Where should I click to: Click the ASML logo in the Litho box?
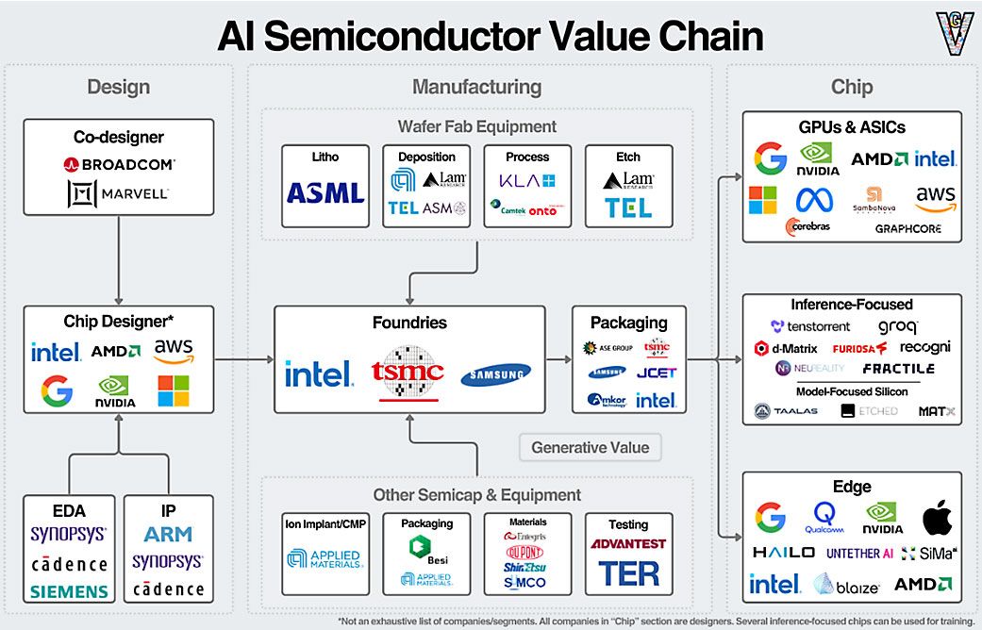[325, 193]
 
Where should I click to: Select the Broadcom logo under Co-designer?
[119, 163]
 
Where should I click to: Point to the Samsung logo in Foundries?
[496, 374]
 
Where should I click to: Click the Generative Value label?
[590, 447]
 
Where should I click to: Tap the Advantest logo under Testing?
[628, 544]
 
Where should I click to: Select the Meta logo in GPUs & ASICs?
[817, 199]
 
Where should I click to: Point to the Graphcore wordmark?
[909, 228]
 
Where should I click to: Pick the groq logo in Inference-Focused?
[897, 327]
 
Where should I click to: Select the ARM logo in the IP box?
[168, 535]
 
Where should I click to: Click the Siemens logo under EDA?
[68, 592]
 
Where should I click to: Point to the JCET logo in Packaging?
[656, 373]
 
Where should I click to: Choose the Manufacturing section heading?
[476, 87]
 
